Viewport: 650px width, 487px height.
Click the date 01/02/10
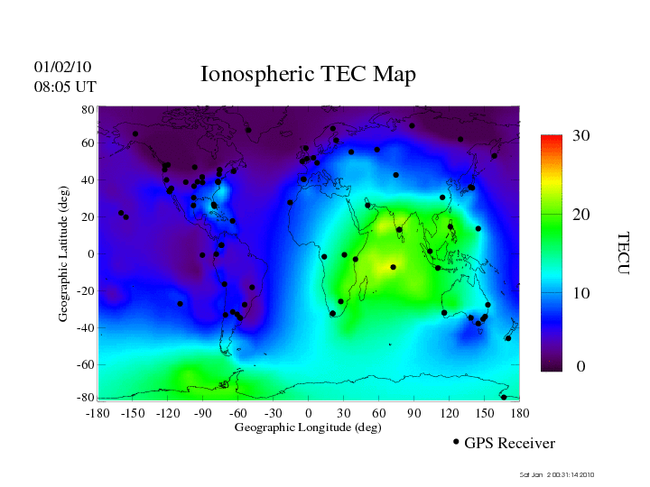point(63,68)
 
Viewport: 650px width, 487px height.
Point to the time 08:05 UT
point(65,87)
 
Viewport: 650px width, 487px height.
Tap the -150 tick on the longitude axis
point(133,412)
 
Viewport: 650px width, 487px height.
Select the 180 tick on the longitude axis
point(520,412)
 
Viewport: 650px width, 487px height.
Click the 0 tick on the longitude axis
point(309,412)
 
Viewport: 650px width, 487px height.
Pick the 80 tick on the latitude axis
point(88,109)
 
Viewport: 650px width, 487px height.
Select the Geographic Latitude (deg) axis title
point(64,260)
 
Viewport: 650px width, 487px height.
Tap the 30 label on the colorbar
point(580,136)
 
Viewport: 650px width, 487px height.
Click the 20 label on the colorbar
point(580,216)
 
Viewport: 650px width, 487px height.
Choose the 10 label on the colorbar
point(580,294)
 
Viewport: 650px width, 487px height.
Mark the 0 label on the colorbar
point(580,367)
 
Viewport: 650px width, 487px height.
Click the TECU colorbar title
point(623,253)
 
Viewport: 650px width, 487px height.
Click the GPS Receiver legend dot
point(456,442)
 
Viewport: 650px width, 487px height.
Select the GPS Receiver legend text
point(509,443)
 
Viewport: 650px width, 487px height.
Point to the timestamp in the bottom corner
point(557,474)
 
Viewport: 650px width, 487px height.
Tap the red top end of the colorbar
point(552,140)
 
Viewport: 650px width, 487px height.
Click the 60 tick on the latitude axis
point(88,144)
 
